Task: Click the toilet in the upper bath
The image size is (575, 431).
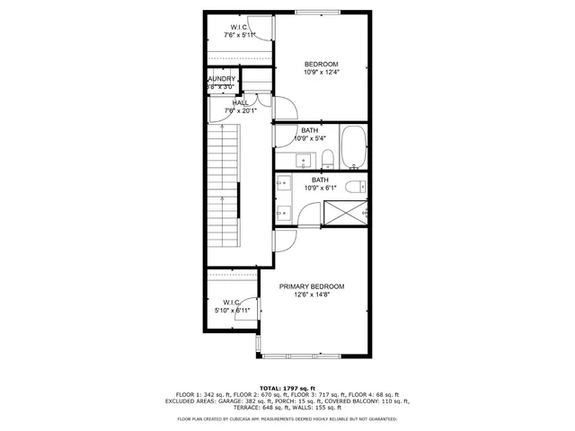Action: (328, 160)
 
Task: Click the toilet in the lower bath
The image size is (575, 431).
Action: (356, 186)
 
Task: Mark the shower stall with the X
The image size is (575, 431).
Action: (345, 212)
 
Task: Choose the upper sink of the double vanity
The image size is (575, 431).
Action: (284, 184)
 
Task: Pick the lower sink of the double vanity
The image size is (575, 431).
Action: (284, 213)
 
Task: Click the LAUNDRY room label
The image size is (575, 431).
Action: (221, 79)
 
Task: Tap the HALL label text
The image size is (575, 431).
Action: (241, 102)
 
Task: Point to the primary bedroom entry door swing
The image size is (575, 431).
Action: (284, 240)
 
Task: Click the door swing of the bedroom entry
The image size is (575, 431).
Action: (286, 109)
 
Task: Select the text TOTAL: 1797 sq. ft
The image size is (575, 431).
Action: (287, 387)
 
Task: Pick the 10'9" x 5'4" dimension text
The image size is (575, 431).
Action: (309, 138)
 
